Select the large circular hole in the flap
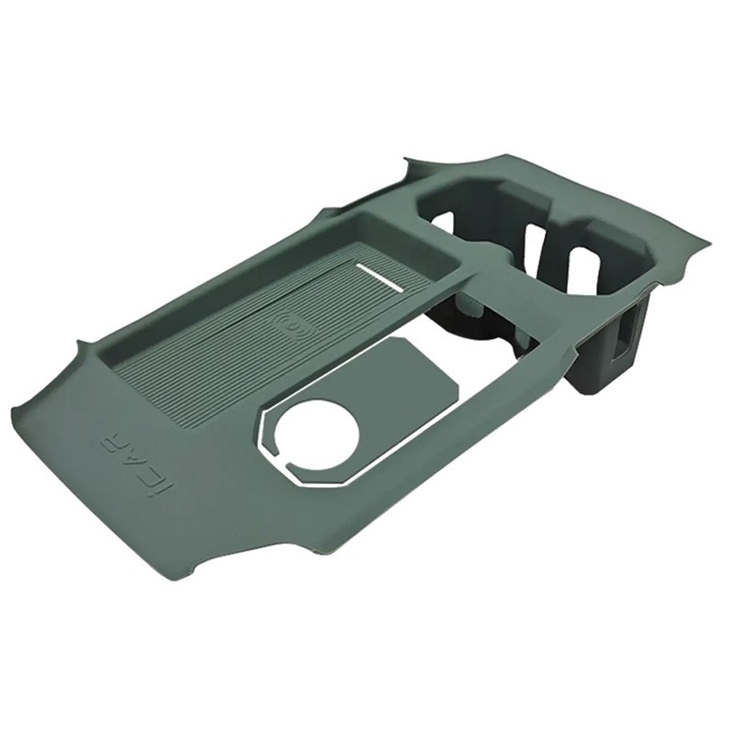point(317,432)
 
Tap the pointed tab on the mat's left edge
point(81,347)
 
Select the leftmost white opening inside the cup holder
point(441,223)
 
